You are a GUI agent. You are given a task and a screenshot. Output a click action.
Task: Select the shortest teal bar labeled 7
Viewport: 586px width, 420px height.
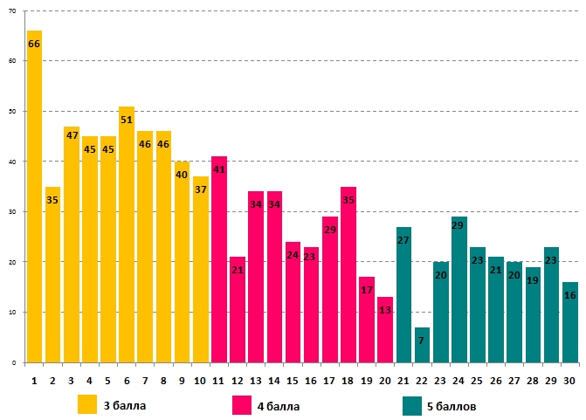(422, 345)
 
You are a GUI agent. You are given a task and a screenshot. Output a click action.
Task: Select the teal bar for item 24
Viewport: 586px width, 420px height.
(458, 289)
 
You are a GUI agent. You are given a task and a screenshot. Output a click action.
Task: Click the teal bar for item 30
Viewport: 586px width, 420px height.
(569, 322)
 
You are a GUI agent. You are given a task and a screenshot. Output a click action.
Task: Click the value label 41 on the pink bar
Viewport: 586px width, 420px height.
(219, 169)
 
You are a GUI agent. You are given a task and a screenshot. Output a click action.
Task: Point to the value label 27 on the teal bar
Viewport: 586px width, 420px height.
(403, 240)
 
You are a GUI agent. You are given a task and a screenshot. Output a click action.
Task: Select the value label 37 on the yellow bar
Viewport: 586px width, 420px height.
(201, 189)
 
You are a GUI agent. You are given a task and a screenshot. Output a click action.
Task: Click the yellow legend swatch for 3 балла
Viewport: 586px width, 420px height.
(87, 404)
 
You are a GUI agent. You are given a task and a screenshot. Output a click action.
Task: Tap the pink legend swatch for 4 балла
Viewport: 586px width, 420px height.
(242, 404)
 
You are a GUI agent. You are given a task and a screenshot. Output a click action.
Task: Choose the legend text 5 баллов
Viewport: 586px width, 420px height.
(452, 406)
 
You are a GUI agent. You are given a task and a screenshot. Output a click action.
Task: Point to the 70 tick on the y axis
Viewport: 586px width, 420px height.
(11, 10)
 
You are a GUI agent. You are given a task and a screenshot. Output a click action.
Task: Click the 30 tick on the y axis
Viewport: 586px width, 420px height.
(11, 211)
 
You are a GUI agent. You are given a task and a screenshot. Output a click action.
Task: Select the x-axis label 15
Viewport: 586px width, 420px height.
(293, 381)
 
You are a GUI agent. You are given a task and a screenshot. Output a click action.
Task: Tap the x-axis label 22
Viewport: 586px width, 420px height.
(422, 381)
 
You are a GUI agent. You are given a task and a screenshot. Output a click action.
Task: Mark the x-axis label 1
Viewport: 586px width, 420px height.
(34, 381)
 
